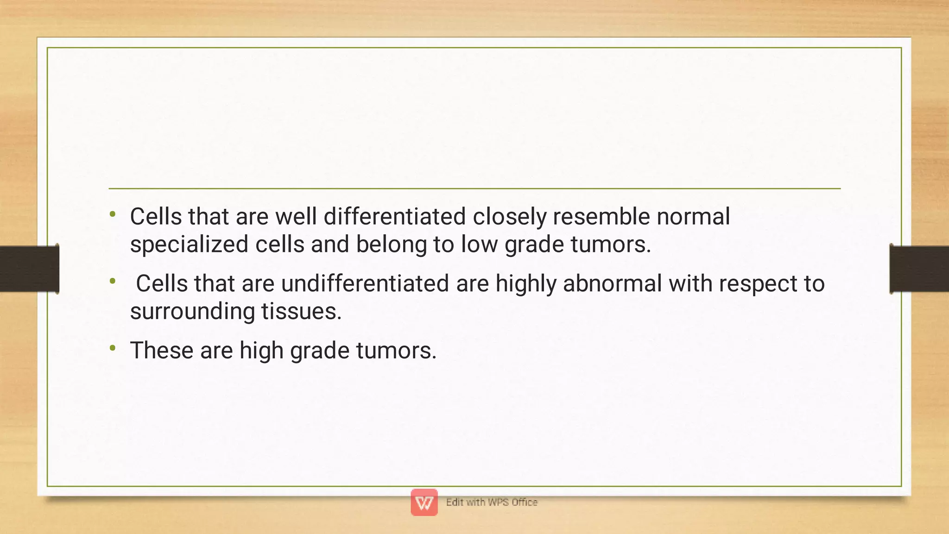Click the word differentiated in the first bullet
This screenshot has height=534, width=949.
(x=394, y=217)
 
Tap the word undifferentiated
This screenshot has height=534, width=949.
(x=365, y=283)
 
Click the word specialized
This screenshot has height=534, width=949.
(x=189, y=245)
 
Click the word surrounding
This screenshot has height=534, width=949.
(x=192, y=311)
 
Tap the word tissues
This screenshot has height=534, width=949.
(x=301, y=311)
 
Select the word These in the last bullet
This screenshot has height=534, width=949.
(x=161, y=350)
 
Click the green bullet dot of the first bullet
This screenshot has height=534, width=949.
(x=113, y=214)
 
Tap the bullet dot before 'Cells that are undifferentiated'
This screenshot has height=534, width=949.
(x=113, y=281)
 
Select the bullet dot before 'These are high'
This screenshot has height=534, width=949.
(x=113, y=347)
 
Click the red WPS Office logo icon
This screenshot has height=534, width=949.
(x=424, y=503)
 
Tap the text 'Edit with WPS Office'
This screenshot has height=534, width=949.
(x=492, y=503)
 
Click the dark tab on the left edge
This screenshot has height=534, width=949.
(x=29, y=269)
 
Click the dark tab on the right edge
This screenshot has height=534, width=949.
(x=919, y=269)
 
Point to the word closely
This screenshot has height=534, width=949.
(x=510, y=217)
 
